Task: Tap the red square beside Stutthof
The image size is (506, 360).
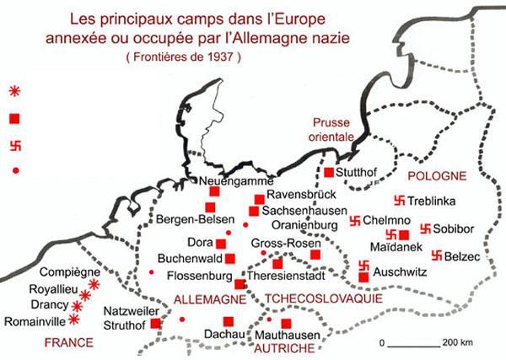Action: [x=329, y=172]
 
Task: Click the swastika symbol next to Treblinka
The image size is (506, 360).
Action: [x=399, y=201]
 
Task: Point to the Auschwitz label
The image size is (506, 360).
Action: [x=397, y=273]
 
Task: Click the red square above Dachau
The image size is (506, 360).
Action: [x=228, y=320]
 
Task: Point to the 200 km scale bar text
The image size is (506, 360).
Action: [x=460, y=343]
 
